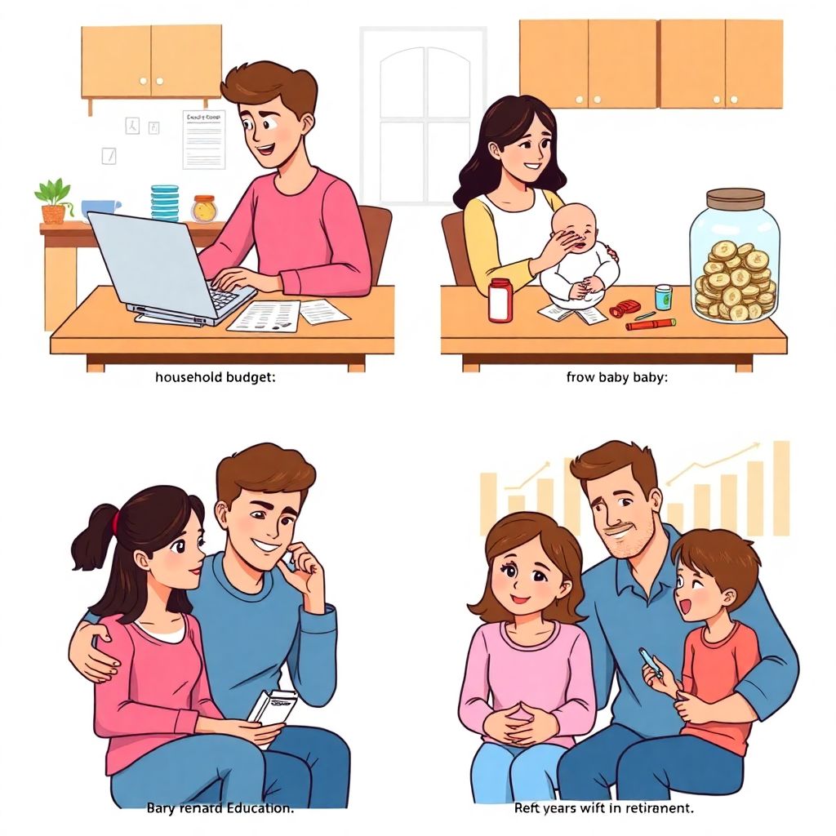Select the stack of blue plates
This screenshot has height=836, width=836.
[x=165, y=202]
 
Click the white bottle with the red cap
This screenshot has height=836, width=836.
[x=500, y=300]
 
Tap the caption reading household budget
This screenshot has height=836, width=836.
[x=216, y=378]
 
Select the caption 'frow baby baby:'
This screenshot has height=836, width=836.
[x=617, y=378]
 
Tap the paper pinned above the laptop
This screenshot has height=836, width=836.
[x=203, y=139]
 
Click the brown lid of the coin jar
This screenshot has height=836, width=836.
[x=735, y=198]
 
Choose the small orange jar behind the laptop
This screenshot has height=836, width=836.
[x=203, y=208]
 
